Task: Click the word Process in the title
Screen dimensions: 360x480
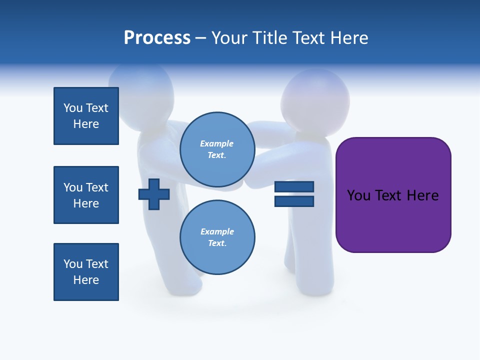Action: (157, 38)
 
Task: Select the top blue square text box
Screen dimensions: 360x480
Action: (86, 116)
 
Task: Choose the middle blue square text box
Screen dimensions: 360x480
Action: (86, 195)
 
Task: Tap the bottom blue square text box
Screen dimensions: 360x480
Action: (86, 272)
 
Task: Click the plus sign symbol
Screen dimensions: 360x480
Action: (154, 194)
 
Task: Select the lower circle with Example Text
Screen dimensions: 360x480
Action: (217, 237)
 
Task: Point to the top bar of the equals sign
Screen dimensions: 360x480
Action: (294, 186)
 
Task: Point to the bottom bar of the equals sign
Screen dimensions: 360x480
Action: (294, 201)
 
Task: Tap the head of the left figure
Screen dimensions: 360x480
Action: (141, 90)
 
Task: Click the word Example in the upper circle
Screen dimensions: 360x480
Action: (216, 143)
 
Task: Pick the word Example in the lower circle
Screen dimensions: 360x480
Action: (217, 231)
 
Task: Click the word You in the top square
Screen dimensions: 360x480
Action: (72, 108)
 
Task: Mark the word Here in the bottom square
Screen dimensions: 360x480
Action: (86, 280)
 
